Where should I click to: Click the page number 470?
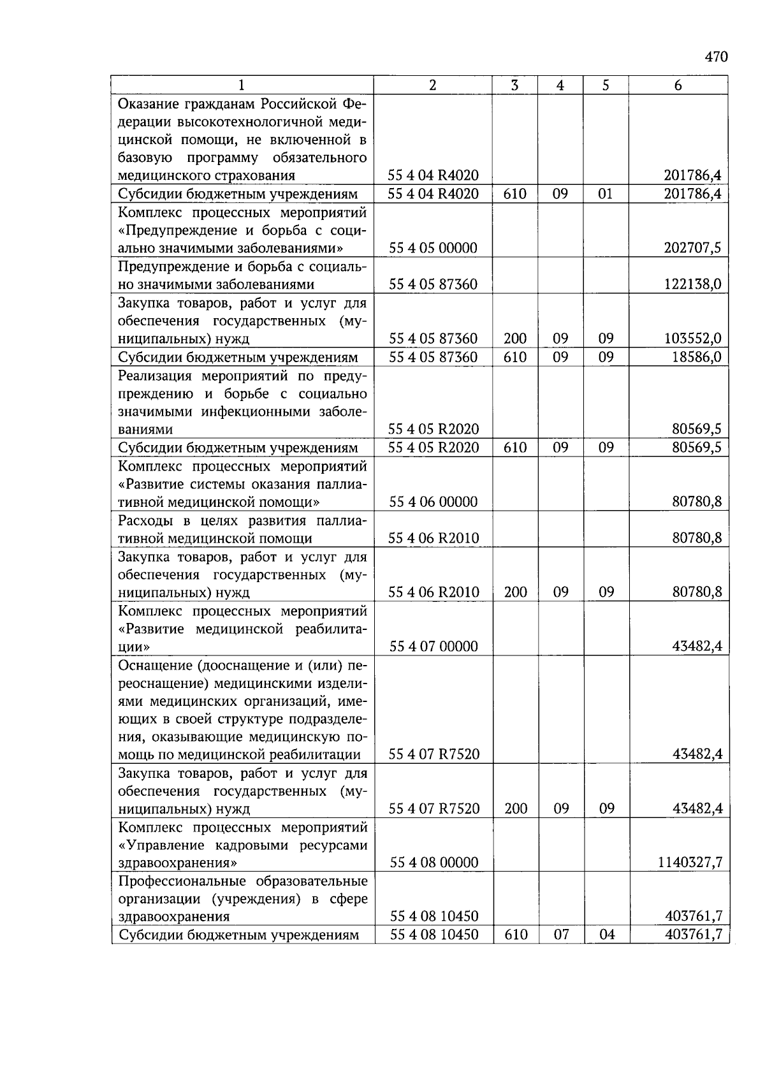716,57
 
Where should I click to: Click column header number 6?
678,85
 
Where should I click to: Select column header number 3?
514,85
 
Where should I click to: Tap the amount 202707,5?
692,248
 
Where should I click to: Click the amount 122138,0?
692,284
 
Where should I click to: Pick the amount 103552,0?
692,339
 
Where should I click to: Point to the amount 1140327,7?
690,863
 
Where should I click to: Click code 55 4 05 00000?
433,248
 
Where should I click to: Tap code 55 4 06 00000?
433,502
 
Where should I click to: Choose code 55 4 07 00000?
433,647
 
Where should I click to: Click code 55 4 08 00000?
433,863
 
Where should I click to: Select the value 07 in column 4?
561,935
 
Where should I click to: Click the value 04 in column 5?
606,935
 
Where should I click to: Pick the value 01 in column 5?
605,194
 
